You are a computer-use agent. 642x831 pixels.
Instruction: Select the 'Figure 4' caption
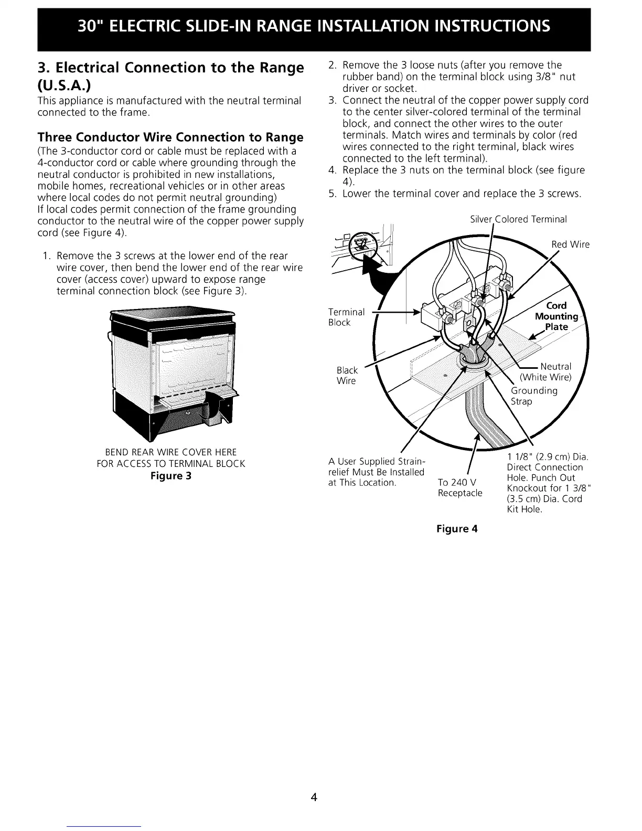point(457,528)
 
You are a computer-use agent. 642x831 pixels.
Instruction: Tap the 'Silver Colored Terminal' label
point(518,219)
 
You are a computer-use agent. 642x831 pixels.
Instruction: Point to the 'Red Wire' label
point(570,244)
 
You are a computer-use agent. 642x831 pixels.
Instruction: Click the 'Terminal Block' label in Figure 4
point(346,317)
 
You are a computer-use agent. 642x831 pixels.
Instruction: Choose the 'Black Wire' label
point(347,376)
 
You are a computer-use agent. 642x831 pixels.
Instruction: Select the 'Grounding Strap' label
point(534,396)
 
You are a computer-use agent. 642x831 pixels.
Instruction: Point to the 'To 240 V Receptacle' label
point(460,488)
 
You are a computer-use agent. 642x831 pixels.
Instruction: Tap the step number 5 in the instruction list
point(331,194)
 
